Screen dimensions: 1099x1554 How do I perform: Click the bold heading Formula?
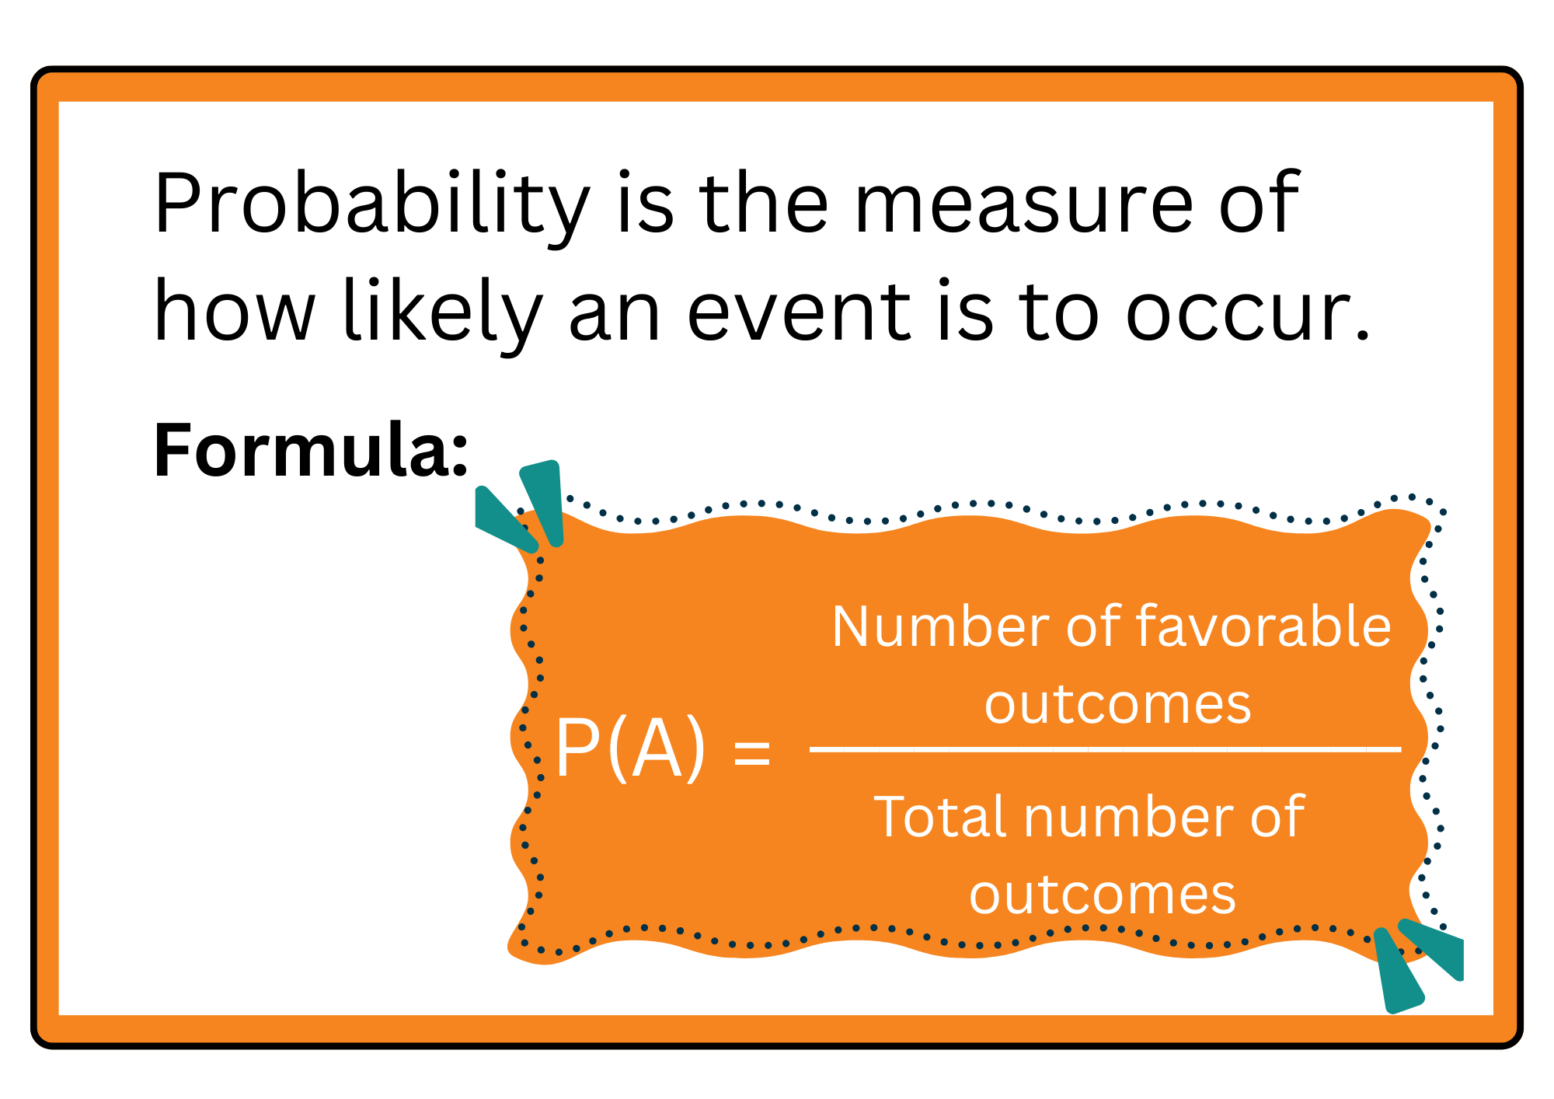[311, 451]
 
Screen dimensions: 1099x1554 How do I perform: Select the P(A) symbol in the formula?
[630, 748]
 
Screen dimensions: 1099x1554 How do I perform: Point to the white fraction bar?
[1105, 749]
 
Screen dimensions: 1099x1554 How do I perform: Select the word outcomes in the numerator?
[1117, 704]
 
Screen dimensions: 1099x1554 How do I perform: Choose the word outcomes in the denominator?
[1102, 895]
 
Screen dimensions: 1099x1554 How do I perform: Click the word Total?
[942, 818]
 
